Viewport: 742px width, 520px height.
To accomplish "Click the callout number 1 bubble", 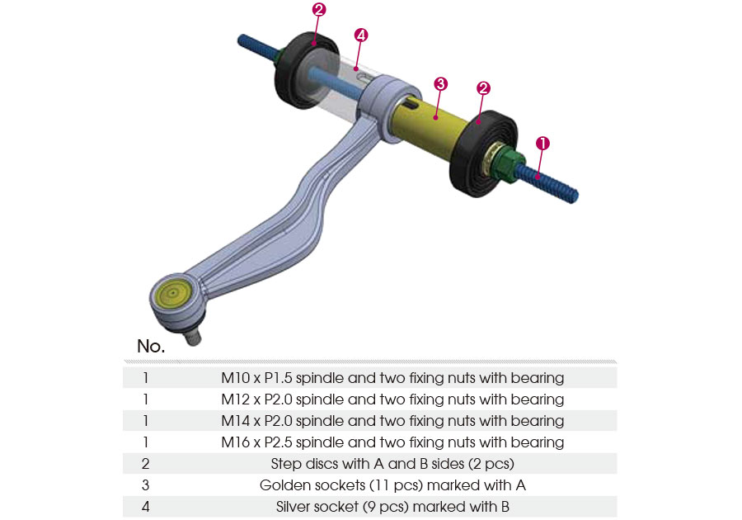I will coord(542,143).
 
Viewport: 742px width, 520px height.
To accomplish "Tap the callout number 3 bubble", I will coord(440,83).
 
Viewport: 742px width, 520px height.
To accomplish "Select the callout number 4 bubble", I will coord(360,35).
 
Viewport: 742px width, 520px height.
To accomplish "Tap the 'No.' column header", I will coord(151,347).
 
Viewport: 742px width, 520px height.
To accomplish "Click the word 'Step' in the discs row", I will coord(286,464).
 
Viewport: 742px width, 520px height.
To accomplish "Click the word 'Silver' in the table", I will coord(295,507).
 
